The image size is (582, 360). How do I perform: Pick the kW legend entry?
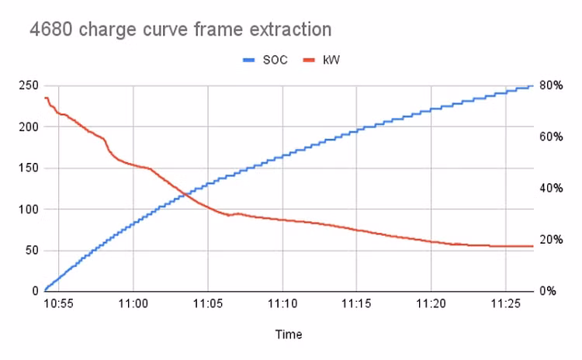[x=331, y=59]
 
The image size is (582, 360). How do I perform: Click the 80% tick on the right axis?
[x=552, y=85]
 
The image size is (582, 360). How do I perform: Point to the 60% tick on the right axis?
[x=552, y=137]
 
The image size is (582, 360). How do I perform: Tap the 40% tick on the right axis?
[x=552, y=188]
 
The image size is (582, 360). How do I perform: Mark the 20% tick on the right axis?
[x=552, y=240]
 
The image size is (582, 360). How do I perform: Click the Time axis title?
[x=288, y=334]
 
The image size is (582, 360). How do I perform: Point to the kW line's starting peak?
[x=46, y=98]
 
